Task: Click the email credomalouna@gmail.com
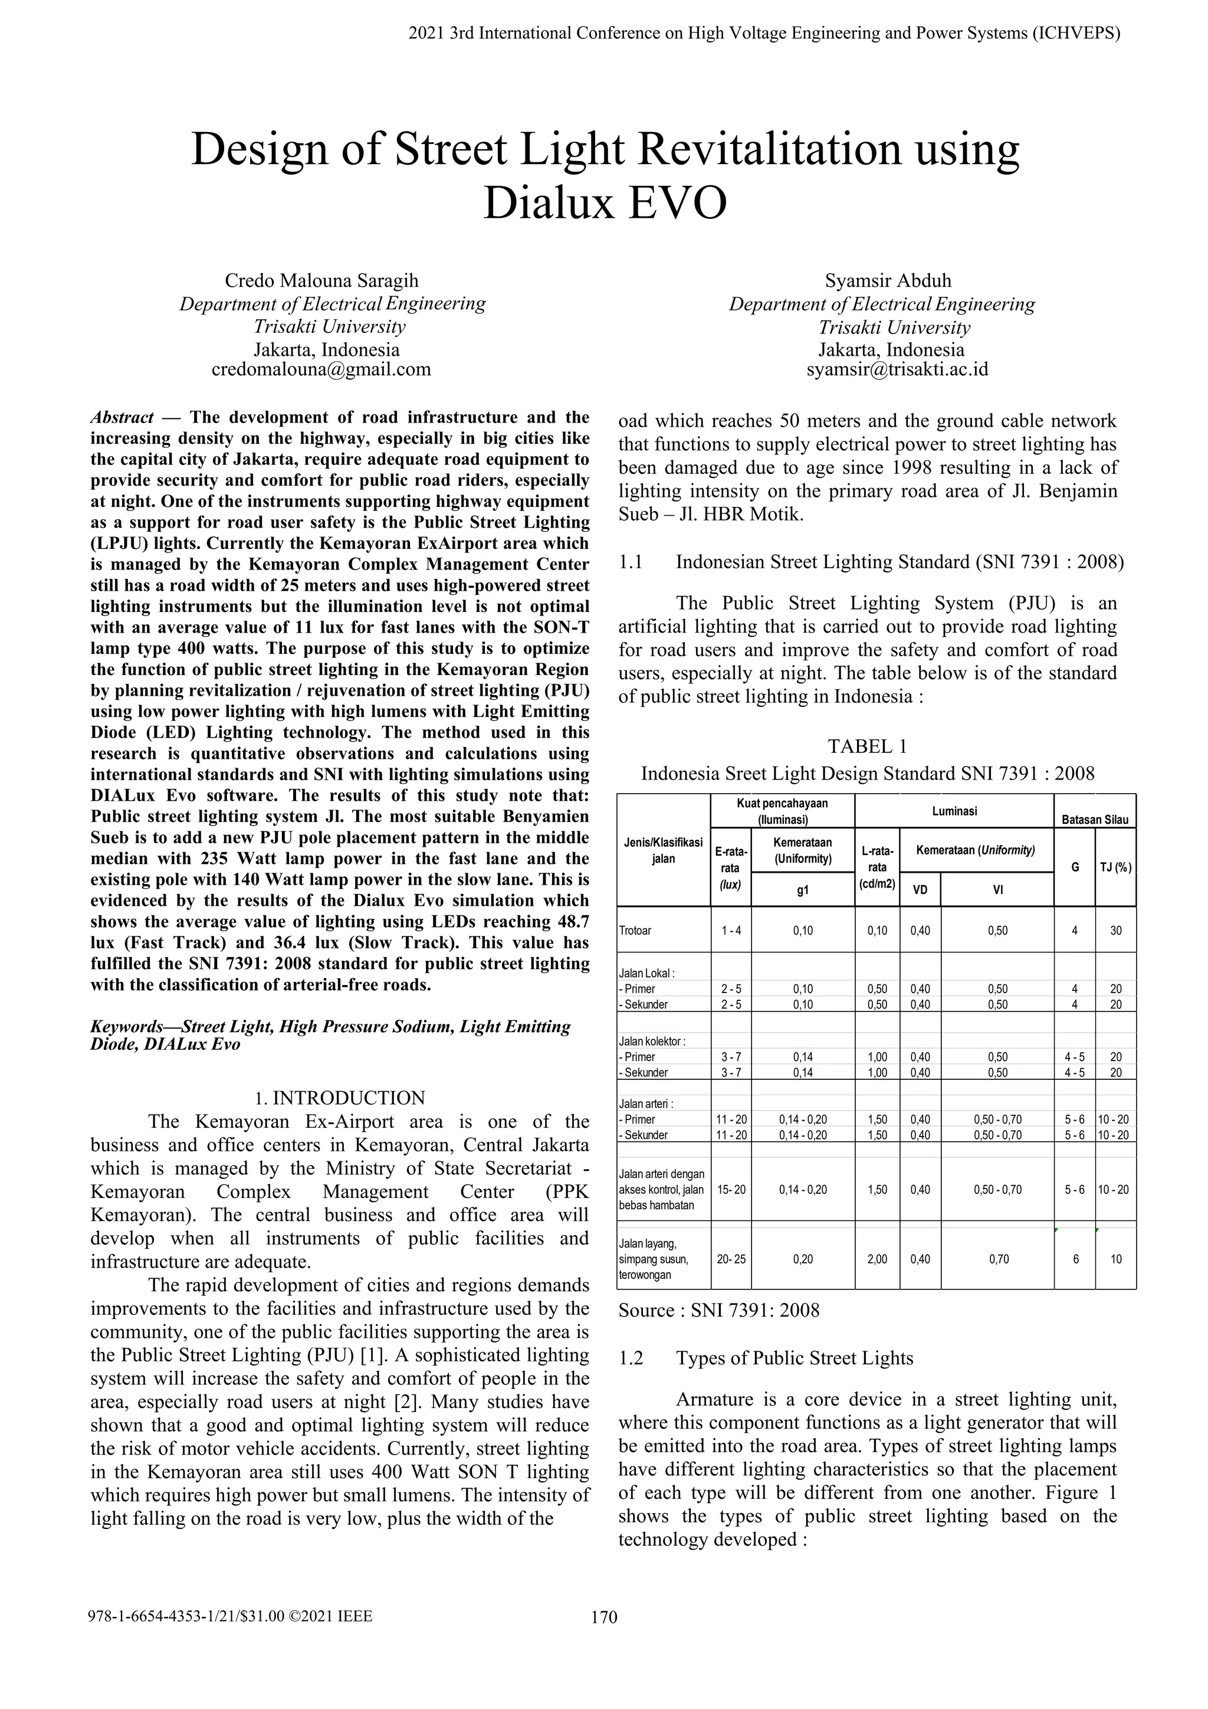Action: click(x=321, y=369)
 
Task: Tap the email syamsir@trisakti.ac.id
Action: click(x=897, y=369)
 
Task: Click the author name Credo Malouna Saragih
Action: click(x=321, y=281)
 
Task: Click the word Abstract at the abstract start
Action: click(x=122, y=418)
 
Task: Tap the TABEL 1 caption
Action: click(x=867, y=747)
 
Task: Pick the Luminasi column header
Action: click(x=954, y=811)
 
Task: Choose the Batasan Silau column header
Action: click(x=1095, y=820)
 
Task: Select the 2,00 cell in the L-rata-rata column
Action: click(x=877, y=1259)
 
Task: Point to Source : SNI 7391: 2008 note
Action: click(x=718, y=1310)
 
